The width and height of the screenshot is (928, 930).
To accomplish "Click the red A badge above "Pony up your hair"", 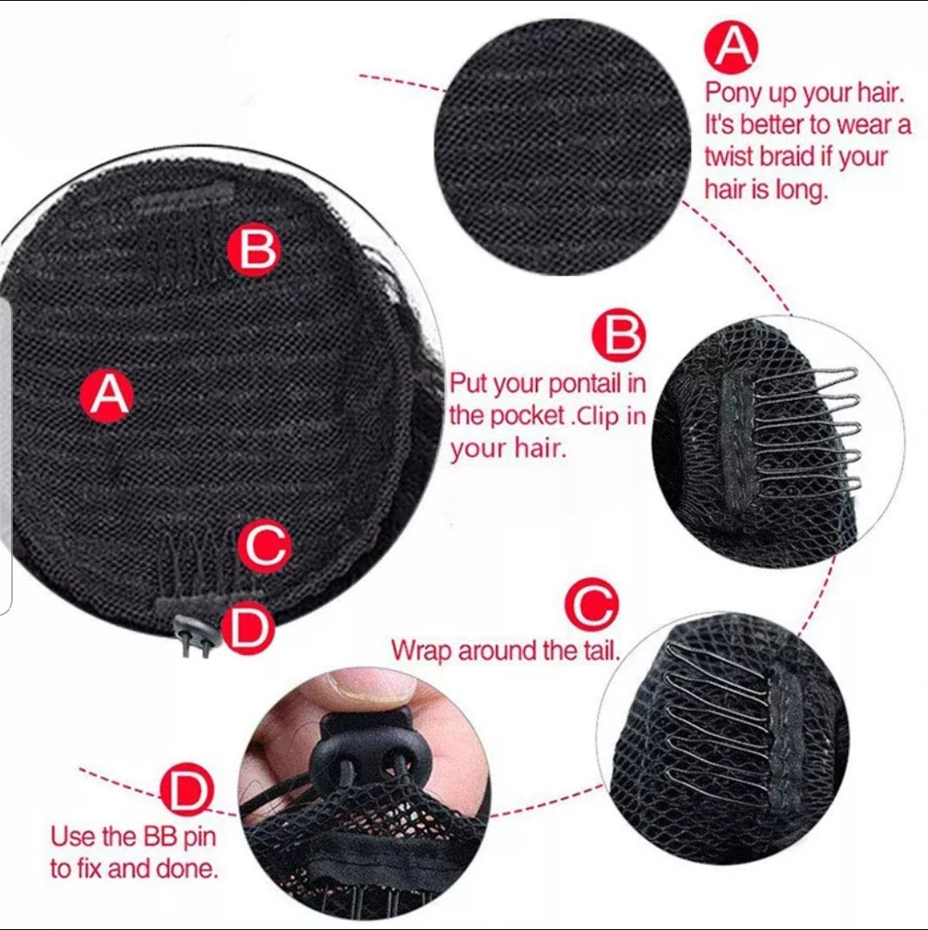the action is pos(732,46).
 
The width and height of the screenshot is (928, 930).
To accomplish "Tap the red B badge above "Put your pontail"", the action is pos(619,335).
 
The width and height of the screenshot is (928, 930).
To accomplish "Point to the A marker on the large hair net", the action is pos(107,395).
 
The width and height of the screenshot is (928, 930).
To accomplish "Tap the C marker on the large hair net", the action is pos(264,546).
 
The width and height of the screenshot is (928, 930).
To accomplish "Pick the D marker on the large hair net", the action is pos(247,628).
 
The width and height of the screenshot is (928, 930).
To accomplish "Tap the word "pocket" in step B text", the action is pos(527,416).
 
